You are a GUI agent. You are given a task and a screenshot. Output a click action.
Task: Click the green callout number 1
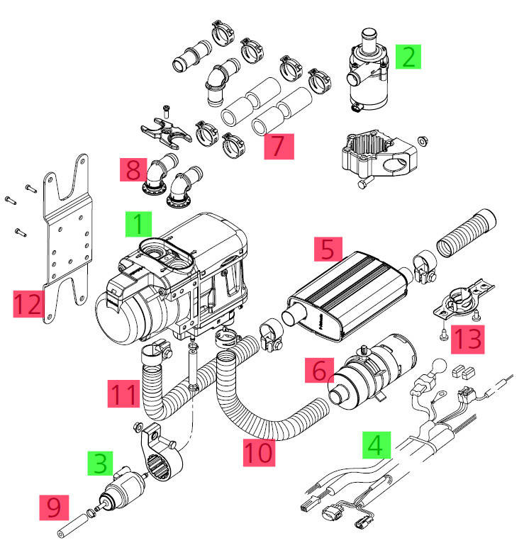pos(138,224)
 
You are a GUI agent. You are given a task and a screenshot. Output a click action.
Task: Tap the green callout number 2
pos(408,56)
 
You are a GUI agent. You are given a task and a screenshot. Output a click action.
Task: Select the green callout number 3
pos(101,463)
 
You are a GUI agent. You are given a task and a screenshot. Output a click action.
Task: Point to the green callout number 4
pos(377,445)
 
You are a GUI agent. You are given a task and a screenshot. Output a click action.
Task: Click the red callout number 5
pos(327,249)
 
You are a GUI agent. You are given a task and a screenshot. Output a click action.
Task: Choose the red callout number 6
pos(318,371)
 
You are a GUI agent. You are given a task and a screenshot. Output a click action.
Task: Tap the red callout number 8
pos(133,170)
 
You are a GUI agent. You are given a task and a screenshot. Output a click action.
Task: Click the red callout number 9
pos(54,507)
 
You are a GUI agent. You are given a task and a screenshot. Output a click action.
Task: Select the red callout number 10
pos(259,452)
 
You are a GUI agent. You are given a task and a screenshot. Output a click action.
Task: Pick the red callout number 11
pos(123,393)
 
